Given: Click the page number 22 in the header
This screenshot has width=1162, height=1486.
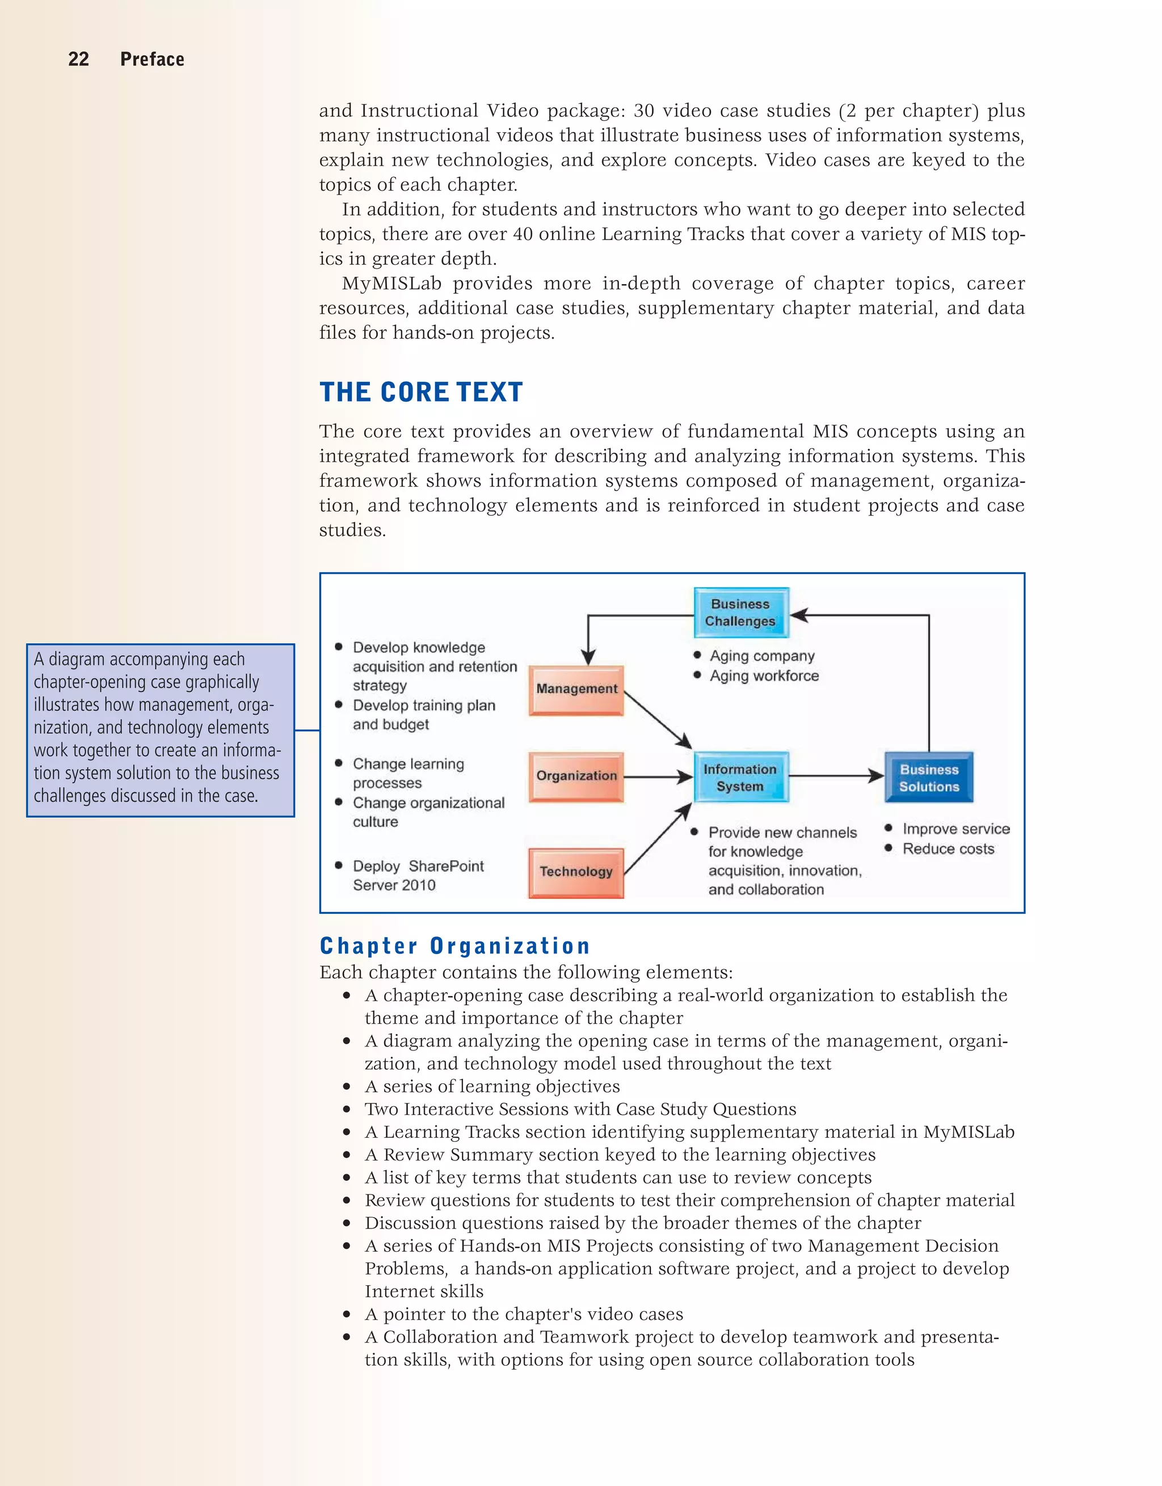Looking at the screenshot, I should pyautogui.click(x=78, y=59).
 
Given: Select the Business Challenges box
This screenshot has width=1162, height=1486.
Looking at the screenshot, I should pyautogui.click(x=740, y=613).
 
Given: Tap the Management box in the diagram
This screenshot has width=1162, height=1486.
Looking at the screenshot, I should pyautogui.click(x=576, y=689).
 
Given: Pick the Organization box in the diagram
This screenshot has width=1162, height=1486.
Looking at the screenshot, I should pyautogui.click(x=576, y=776).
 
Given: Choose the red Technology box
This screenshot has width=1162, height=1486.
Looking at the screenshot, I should pyautogui.click(x=576, y=872).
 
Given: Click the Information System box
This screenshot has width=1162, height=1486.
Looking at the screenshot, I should pyautogui.click(x=740, y=777).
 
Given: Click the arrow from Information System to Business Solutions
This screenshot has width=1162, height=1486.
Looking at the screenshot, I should pyautogui.click(x=836, y=776).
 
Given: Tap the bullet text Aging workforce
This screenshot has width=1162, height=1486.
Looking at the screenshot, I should pyautogui.click(x=764, y=676).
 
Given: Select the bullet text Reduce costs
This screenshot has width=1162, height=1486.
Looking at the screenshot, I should pyautogui.click(x=948, y=848).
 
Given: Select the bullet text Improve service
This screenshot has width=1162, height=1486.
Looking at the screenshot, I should pyautogui.click(x=955, y=829).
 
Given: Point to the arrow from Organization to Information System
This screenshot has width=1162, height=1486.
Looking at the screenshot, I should pyautogui.click(x=658, y=776).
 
